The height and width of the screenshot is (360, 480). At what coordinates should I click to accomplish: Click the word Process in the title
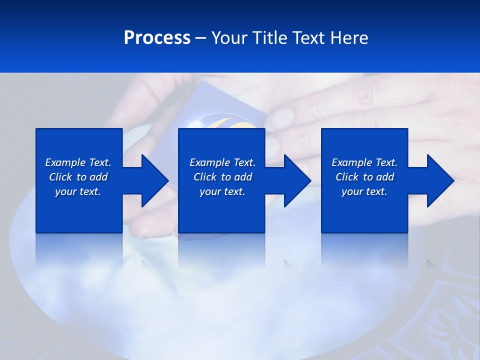[157, 38]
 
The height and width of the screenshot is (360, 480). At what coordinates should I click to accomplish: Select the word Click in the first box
[61, 177]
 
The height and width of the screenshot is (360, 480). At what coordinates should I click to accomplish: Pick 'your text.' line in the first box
[78, 191]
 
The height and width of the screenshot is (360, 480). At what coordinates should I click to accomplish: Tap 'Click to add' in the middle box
[222, 177]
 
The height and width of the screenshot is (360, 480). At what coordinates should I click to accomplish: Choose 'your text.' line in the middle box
[222, 191]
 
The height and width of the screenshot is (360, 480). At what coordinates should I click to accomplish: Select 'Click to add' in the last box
[364, 177]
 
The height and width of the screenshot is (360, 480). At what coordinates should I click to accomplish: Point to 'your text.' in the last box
[364, 191]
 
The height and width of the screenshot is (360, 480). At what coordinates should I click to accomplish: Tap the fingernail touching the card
[281, 117]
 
